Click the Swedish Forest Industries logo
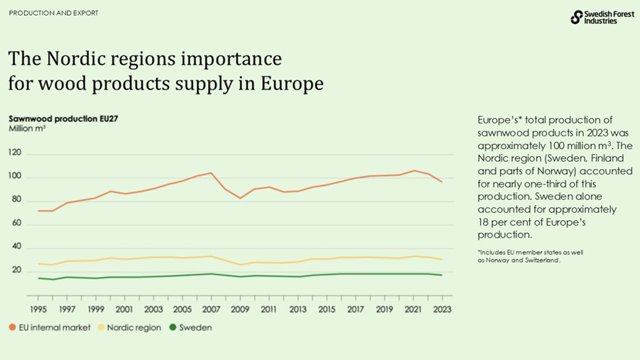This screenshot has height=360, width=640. (593, 18)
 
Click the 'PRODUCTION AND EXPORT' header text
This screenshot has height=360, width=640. (53, 13)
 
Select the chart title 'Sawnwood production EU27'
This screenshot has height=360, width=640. (63, 119)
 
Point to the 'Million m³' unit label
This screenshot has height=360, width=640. (27, 129)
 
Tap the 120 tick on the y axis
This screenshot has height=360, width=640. (15, 153)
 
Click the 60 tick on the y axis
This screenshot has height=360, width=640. (15, 223)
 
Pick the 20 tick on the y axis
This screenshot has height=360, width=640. (15, 270)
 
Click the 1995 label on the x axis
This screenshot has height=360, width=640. (38, 310)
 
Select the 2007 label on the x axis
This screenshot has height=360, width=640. (211, 310)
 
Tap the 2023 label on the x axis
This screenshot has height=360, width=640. (442, 310)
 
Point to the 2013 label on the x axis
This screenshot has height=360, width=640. (298, 310)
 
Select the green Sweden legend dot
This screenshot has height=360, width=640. (173, 328)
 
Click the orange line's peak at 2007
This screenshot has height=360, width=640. (211, 173)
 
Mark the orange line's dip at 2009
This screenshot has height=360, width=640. (240, 198)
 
